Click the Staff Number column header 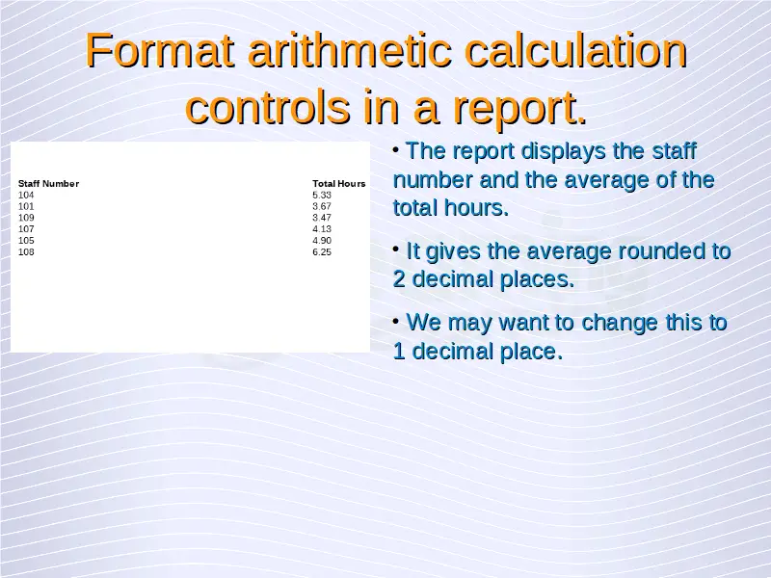click(x=49, y=184)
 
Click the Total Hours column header click(x=339, y=184)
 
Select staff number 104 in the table click(x=26, y=196)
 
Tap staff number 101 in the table click(x=26, y=206)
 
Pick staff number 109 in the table click(x=26, y=218)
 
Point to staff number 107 click(x=26, y=229)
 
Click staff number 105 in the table click(x=26, y=240)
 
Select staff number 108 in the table click(x=26, y=252)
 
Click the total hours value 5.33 click(x=322, y=196)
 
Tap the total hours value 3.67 click(x=322, y=206)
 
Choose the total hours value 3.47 click(x=322, y=218)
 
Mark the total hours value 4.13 click(x=322, y=229)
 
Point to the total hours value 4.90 click(x=322, y=240)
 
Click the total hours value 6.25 click(x=322, y=252)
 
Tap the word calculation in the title click(x=575, y=50)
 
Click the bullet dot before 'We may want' click(x=396, y=322)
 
